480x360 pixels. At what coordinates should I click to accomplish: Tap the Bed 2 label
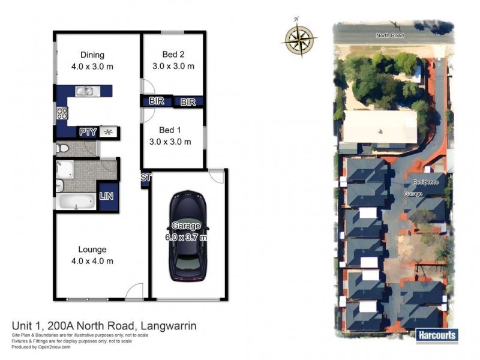(x=173, y=55)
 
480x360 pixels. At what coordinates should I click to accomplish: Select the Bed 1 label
(x=170, y=130)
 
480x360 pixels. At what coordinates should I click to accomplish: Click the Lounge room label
(x=92, y=249)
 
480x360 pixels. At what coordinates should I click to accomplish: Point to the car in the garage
(x=188, y=235)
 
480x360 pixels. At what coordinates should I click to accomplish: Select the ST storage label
(x=145, y=178)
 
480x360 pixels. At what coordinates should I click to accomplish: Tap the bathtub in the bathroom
(x=74, y=202)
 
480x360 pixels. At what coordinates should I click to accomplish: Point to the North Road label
(x=390, y=35)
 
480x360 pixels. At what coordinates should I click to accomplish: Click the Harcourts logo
(x=436, y=335)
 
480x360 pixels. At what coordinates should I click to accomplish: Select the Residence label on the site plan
(x=425, y=182)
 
